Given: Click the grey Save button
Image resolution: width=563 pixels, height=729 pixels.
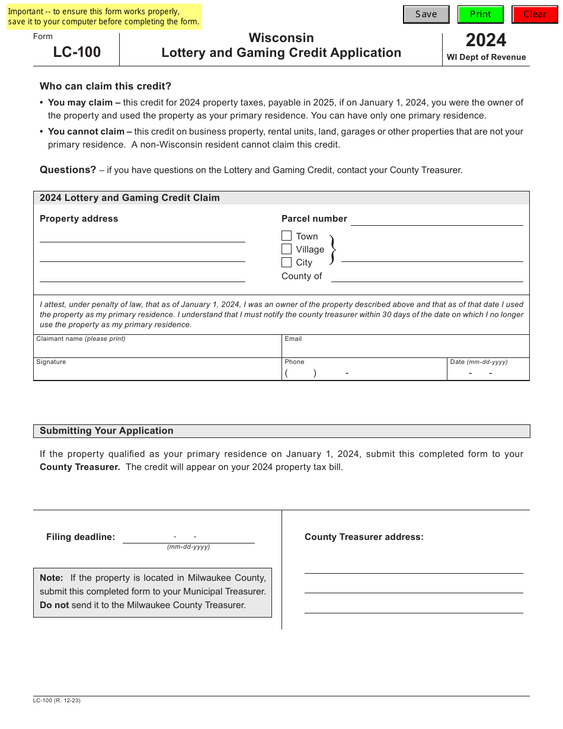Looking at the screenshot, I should pos(426,14).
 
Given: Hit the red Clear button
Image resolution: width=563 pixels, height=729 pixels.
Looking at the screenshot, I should pos(535,14).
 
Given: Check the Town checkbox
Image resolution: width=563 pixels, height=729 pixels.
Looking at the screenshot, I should pos(287,236).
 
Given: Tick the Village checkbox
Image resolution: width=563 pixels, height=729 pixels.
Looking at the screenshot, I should pos(287,249).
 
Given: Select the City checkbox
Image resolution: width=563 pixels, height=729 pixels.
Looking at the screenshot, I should pos(287,262).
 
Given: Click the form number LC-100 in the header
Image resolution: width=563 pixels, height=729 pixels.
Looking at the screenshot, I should pos(77,52).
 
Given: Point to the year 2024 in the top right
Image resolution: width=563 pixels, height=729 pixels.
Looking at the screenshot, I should pos(486,40).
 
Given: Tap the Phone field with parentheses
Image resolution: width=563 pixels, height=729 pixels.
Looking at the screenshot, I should pos(364,373).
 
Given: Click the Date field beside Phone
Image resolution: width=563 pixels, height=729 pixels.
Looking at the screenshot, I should pos(488,373).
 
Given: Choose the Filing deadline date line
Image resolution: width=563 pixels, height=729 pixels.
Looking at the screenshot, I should pos(188,536).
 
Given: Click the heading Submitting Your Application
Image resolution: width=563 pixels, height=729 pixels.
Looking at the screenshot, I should pos(107,431).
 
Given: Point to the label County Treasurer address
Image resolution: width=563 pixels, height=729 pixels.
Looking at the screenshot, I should pos(364,537).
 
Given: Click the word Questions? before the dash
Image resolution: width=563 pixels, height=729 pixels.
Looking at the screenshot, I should pos(68,170).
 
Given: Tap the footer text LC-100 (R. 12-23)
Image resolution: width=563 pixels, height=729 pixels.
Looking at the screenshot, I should pos(57,701).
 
